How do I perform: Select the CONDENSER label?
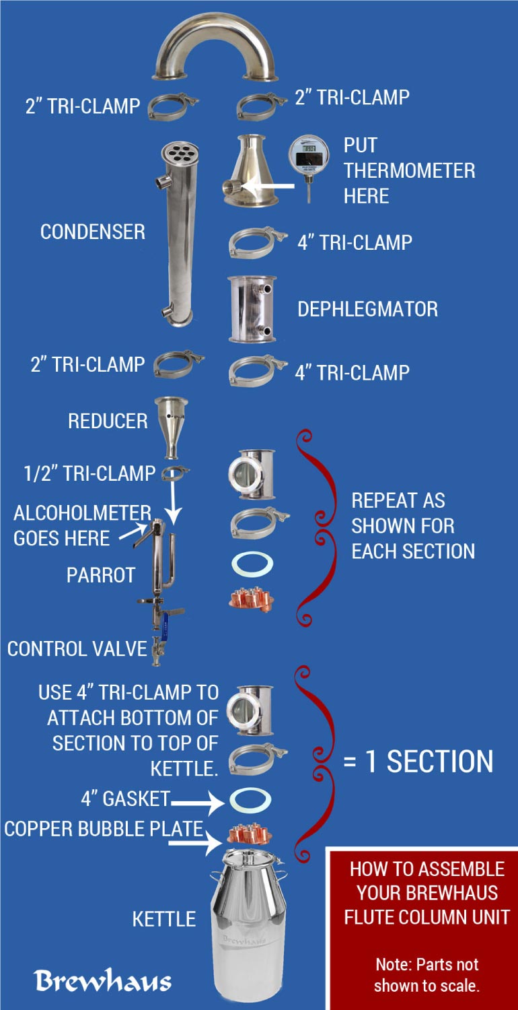coord(93,232)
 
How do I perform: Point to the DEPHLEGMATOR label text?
coord(367,309)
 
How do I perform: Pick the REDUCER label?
coord(108,421)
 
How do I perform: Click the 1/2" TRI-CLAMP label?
coord(89,473)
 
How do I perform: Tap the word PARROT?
coord(101,575)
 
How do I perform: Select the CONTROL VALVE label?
coord(77,649)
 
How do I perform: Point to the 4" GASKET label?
coord(125,799)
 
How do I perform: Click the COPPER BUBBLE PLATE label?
coord(104,829)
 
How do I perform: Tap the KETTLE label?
coord(164,919)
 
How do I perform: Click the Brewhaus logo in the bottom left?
coord(103,980)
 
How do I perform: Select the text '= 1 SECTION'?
coord(418,762)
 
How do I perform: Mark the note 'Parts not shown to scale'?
coord(427,974)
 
